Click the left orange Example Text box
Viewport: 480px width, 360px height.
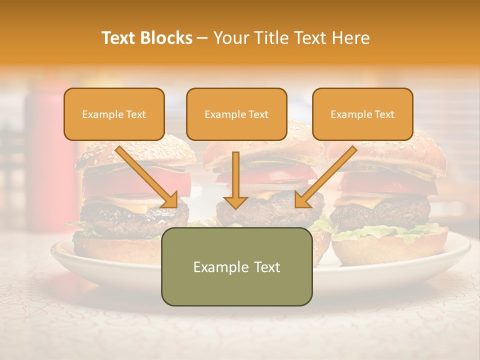[114, 114]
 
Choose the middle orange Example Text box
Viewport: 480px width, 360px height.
[236, 114]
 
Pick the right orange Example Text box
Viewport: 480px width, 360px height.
[362, 114]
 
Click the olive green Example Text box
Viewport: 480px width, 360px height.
[236, 266]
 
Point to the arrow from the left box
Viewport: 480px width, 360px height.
[147, 177]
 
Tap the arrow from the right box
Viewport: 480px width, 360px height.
[325, 177]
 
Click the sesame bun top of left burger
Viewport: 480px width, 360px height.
[135, 152]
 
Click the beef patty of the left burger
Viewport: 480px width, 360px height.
[125, 217]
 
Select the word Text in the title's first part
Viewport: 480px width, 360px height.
[119, 38]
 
